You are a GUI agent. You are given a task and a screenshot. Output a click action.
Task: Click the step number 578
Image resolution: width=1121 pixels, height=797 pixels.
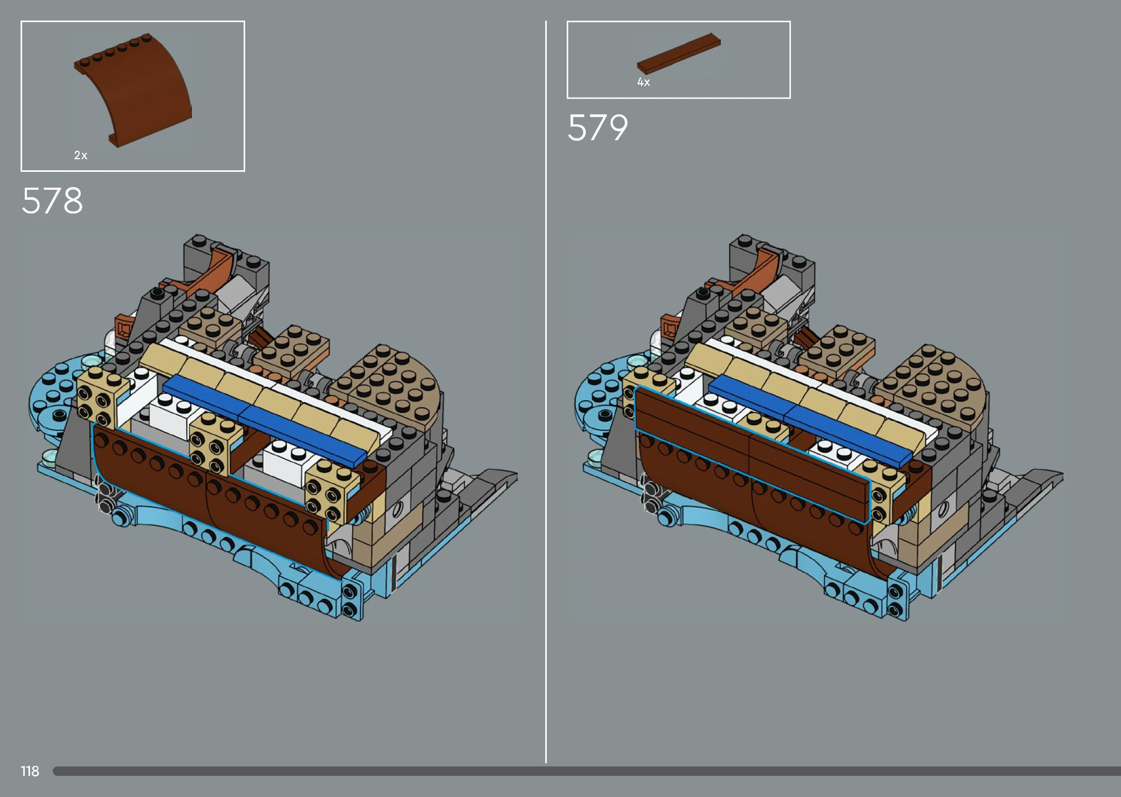(x=52, y=201)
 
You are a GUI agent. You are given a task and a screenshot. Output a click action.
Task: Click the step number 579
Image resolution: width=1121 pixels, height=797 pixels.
(x=598, y=128)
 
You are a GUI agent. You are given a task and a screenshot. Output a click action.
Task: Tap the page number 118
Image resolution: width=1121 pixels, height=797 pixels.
(x=30, y=771)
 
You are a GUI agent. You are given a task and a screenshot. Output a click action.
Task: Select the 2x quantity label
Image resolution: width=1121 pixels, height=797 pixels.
(x=81, y=155)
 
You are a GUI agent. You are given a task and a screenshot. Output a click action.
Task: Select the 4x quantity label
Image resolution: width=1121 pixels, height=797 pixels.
(x=643, y=82)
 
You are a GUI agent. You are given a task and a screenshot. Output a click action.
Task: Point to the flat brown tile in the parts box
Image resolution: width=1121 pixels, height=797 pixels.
(x=679, y=53)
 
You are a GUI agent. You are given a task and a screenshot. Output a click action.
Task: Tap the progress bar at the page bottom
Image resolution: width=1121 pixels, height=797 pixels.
(x=586, y=771)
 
